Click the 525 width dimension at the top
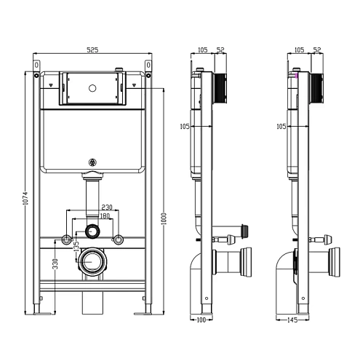pyautogui.click(x=93, y=50)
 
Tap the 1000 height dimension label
pyautogui.click(x=164, y=218)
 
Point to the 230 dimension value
pyautogui.click(x=106, y=207)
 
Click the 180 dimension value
pyautogui.click(x=105, y=216)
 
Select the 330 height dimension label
pyautogui.click(x=55, y=264)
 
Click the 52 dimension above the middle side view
pyautogui.click(x=220, y=50)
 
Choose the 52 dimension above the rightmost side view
pyautogui.click(x=317, y=50)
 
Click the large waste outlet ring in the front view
pyautogui.click(x=92, y=260)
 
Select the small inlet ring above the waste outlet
pyautogui.click(x=92, y=232)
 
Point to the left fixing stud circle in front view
pyautogui.click(x=67, y=240)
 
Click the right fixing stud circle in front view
pyautogui.click(x=118, y=240)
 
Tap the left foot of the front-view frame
pyautogui.click(x=44, y=312)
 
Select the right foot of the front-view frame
pyautogui.click(x=143, y=312)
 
